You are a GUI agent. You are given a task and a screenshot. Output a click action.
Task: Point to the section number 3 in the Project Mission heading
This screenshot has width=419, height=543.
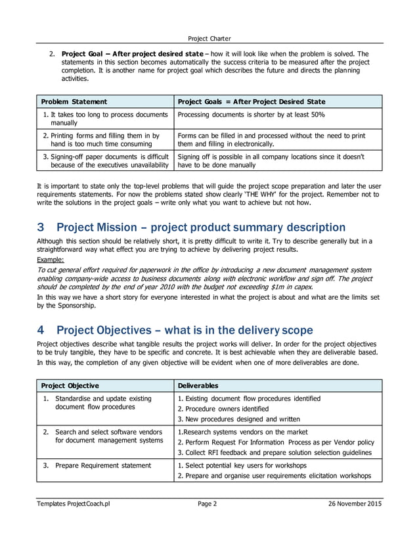tap(41, 227)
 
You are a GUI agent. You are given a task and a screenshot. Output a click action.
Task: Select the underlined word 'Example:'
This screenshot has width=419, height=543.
tap(50, 260)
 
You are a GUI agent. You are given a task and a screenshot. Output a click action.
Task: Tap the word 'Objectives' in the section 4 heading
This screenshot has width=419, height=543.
tap(137, 329)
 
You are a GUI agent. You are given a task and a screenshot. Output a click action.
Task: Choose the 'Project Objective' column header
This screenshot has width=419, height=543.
tap(70, 386)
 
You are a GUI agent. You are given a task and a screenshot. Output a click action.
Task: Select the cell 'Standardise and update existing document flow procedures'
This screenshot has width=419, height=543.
tap(103, 402)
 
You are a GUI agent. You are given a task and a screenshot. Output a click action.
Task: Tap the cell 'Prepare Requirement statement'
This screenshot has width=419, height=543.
tap(103, 465)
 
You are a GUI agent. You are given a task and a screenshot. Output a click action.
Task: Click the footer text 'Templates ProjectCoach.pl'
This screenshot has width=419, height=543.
tap(74, 504)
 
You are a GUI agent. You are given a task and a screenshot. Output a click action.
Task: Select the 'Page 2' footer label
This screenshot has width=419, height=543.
tap(207, 504)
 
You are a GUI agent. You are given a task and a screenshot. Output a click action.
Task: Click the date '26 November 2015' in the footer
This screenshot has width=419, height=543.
tap(355, 504)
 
